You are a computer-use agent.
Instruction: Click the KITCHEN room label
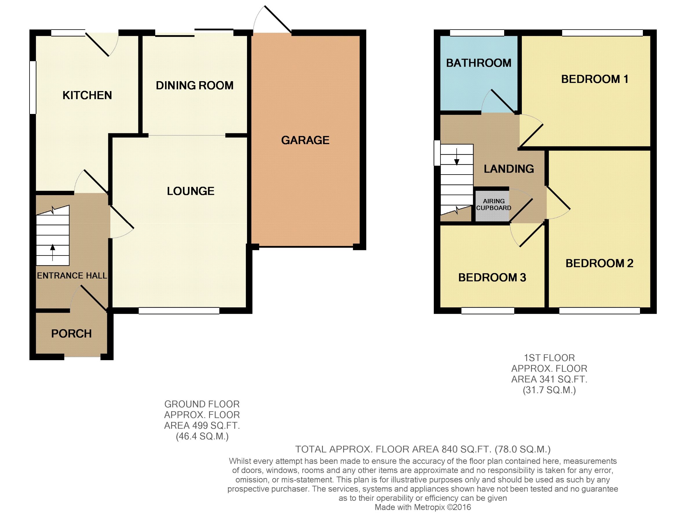click(87, 95)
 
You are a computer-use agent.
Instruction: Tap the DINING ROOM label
click(195, 86)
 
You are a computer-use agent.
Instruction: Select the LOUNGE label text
click(191, 191)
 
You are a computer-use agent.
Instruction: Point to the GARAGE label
click(305, 140)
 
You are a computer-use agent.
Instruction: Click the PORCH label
click(71, 333)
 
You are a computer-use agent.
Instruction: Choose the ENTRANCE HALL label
click(72, 275)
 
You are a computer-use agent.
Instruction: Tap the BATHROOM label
click(479, 63)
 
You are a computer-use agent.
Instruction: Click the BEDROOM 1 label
click(595, 79)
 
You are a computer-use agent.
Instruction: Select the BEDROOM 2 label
click(599, 263)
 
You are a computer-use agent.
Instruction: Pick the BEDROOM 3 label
click(492, 278)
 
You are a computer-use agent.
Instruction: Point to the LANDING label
click(509, 169)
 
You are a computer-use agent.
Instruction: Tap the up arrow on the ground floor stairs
click(53, 252)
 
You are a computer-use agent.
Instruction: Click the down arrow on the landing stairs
click(457, 157)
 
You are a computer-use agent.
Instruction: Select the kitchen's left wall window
click(33, 87)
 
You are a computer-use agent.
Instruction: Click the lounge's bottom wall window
click(179, 311)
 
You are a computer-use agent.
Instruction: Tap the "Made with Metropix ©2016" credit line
click(423, 507)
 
